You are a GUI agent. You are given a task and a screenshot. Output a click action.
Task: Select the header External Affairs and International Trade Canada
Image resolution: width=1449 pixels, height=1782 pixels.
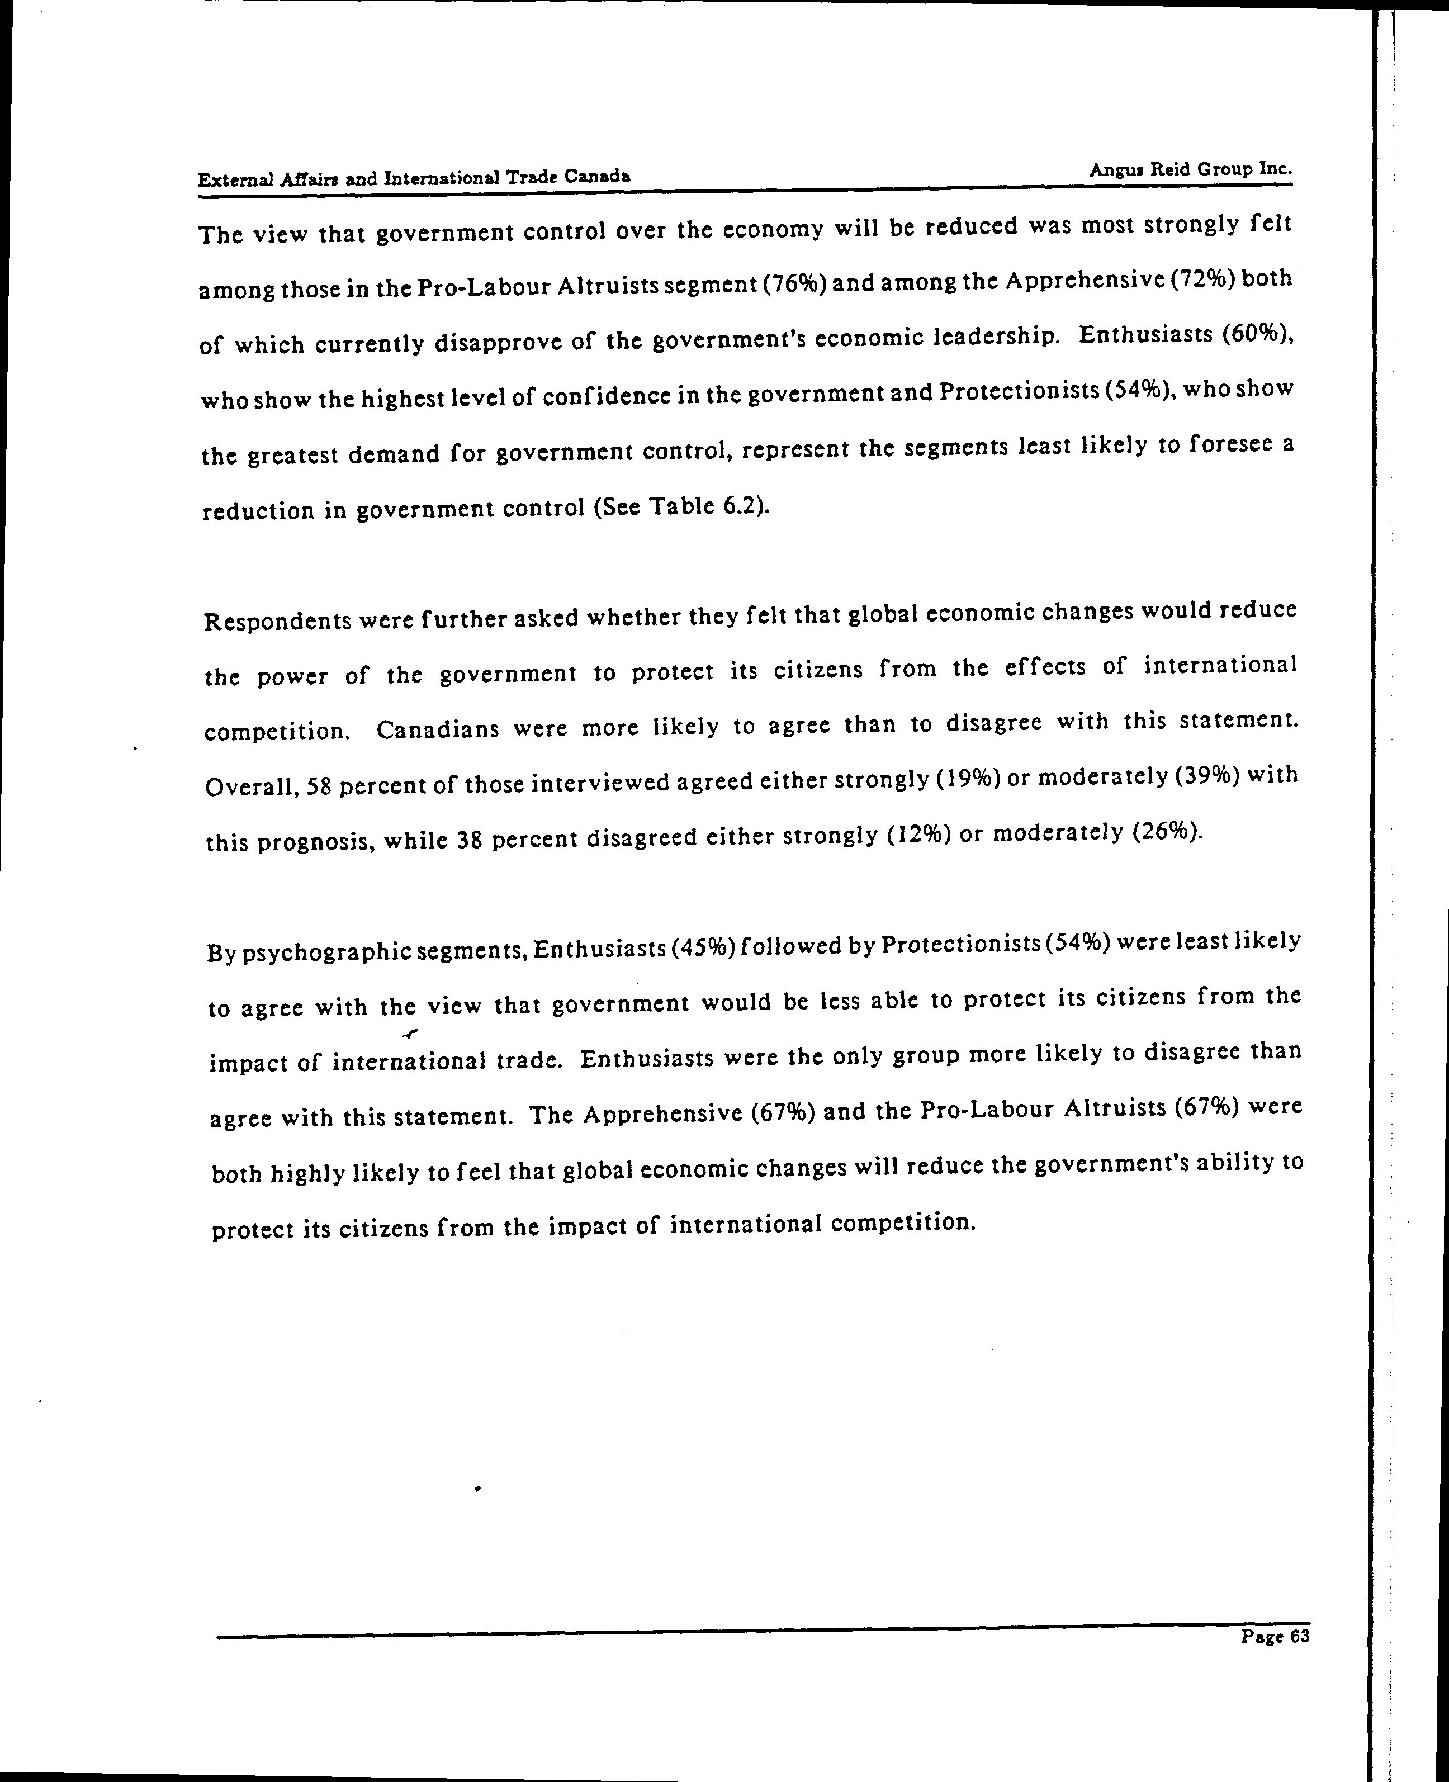414,178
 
